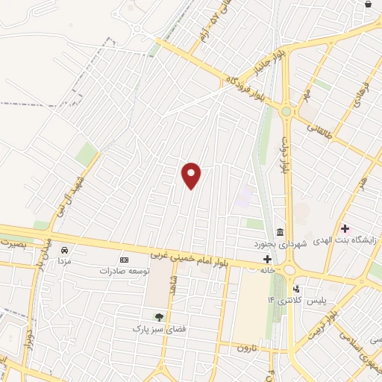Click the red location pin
(192, 175)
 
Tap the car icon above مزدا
(66, 249)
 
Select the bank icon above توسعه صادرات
(124, 260)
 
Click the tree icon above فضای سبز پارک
(158, 317)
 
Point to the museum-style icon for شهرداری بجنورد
(280, 231)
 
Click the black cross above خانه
(267, 259)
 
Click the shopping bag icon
(368, 4)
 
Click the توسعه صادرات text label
(120, 271)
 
